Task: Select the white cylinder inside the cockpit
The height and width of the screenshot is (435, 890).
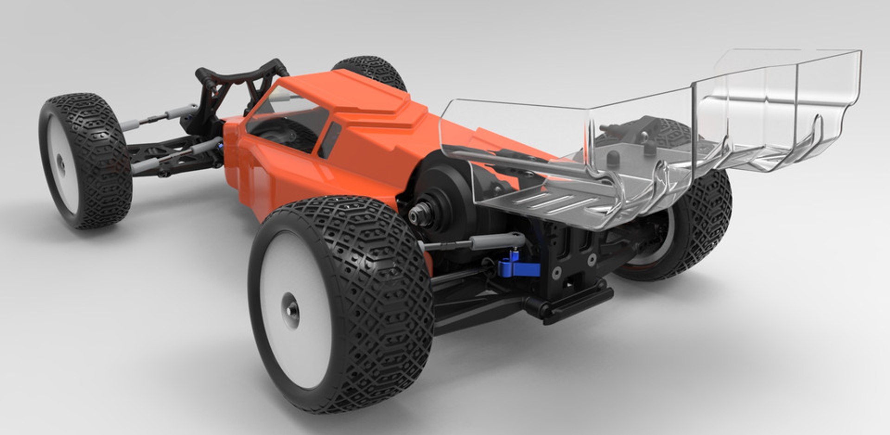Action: (x=284, y=96)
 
